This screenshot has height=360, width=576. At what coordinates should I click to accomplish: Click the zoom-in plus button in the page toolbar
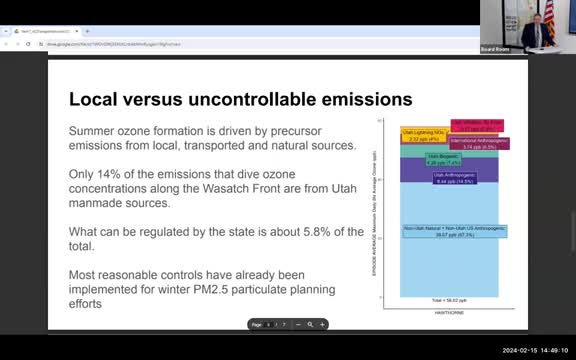click(322, 325)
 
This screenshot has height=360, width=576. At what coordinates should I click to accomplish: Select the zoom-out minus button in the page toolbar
click(297, 325)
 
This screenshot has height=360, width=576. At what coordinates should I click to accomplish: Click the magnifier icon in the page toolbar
click(310, 325)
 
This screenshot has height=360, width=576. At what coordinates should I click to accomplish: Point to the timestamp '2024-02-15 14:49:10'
click(535, 349)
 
